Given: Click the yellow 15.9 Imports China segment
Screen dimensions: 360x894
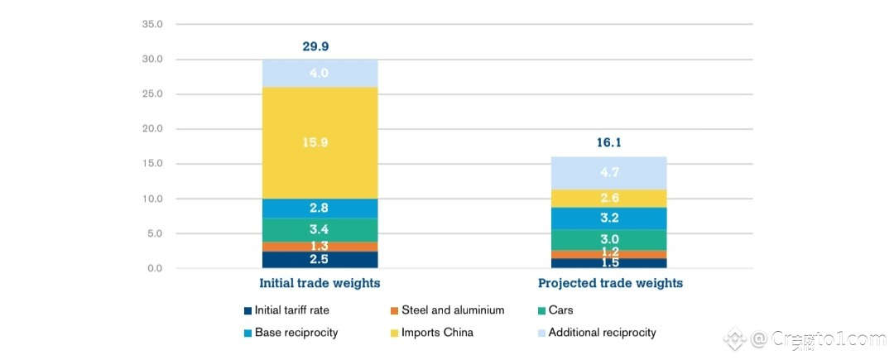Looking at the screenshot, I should pyautogui.click(x=320, y=142).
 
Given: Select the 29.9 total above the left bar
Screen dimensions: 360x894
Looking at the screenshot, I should pyautogui.click(x=320, y=46).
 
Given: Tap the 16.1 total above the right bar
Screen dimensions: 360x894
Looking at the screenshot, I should pyautogui.click(x=608, y=142).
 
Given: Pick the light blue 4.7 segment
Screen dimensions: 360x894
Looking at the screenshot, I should pyautogui.click(x=608, y=173).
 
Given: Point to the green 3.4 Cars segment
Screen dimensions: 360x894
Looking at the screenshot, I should pyautogui.click(x=320, y=229).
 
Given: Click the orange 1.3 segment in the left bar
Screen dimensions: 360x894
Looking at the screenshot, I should pyautogui.click(x=320, y=247).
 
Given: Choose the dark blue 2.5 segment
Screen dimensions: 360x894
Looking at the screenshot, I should pyautogui.click(x=320, y=260).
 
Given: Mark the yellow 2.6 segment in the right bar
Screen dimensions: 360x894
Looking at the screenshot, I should pyautogui.click(x=608, y=199).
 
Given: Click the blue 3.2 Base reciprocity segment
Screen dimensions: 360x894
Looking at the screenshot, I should pyautogui.click(x=608, y=218).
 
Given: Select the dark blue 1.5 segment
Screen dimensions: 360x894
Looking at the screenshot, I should pyautogui.click(x=608, y=263).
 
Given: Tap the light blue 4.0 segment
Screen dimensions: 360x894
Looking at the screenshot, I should pyautogui.click(x=320, y=73).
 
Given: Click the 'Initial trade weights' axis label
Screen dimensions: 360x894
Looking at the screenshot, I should pyautogui.click(x=320, y=283).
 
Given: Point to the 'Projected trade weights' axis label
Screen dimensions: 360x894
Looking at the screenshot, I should pyautogui.click(x=610, y=283).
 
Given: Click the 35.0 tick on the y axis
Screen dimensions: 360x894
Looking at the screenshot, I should pyautogui.click(x=152, y=25).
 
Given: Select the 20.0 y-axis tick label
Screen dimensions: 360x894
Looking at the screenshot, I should pyautogui.click(x=152, y=129).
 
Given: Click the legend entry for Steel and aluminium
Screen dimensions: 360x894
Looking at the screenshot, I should pyautogui.click(x=453, y=310).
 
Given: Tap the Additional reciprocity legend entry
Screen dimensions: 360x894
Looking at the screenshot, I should pyautogui.click(x=602, y=333).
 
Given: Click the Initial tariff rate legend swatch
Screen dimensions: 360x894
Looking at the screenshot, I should pyautogui.click(x=248, y=311).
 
